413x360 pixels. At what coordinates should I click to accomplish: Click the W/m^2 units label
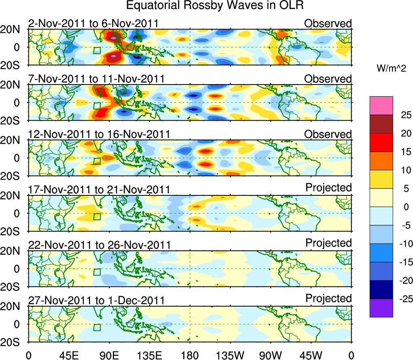392,69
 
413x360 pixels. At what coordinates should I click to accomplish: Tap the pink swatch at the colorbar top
381,106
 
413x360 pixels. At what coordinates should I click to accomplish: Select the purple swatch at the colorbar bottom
381,308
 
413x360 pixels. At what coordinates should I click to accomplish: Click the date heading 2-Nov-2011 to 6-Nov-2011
93,23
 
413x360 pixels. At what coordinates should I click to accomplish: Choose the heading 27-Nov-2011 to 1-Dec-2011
96,300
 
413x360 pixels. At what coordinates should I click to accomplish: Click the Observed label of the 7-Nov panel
328,79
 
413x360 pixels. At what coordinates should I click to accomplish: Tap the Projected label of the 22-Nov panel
328,243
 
